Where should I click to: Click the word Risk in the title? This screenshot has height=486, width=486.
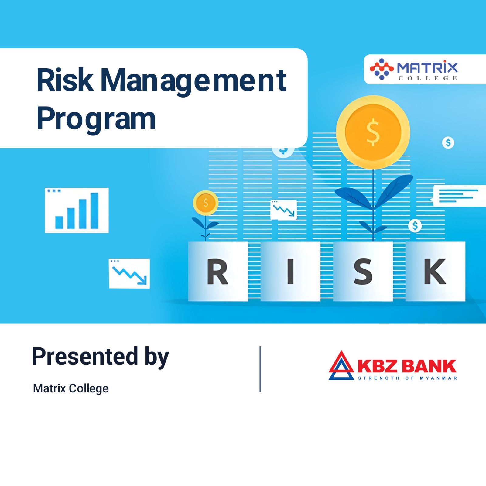(65, 80)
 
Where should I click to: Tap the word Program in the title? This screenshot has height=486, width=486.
(96, 119)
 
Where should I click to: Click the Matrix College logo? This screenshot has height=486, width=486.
(413, 69)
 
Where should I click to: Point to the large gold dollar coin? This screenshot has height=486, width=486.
(373, 132)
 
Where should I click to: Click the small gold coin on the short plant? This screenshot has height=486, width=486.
(206, 203)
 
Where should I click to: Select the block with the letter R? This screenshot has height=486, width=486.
(218, 271)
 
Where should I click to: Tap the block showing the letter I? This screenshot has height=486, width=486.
(290, 271)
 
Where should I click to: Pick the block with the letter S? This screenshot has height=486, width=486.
(363, 271)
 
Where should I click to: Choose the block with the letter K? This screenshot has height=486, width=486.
(435, 271)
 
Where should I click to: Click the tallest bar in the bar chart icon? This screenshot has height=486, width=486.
(94, 210)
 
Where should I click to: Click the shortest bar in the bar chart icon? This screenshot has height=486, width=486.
(59, 222)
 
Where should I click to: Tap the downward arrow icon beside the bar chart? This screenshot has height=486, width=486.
(129, 274)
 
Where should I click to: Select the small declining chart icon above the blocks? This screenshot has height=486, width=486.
(283, 210)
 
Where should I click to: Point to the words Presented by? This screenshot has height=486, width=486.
(100, 357)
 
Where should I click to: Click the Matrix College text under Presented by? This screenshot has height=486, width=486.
(70, 388)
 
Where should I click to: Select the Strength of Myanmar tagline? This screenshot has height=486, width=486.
(407, 378)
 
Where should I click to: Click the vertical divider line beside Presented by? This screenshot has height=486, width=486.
(260, 369)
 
